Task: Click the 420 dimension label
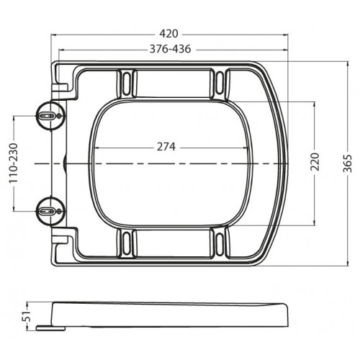point(169,34)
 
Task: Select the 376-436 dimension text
point(170,49)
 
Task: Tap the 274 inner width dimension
point(166,147)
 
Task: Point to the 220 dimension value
point(315,161)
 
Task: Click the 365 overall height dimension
point(348,163)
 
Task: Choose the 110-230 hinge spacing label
point(14,163)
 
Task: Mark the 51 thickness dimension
point(27,316)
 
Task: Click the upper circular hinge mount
point(50,116)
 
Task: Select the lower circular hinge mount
point(50,211)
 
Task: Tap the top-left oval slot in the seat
point(126,84)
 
